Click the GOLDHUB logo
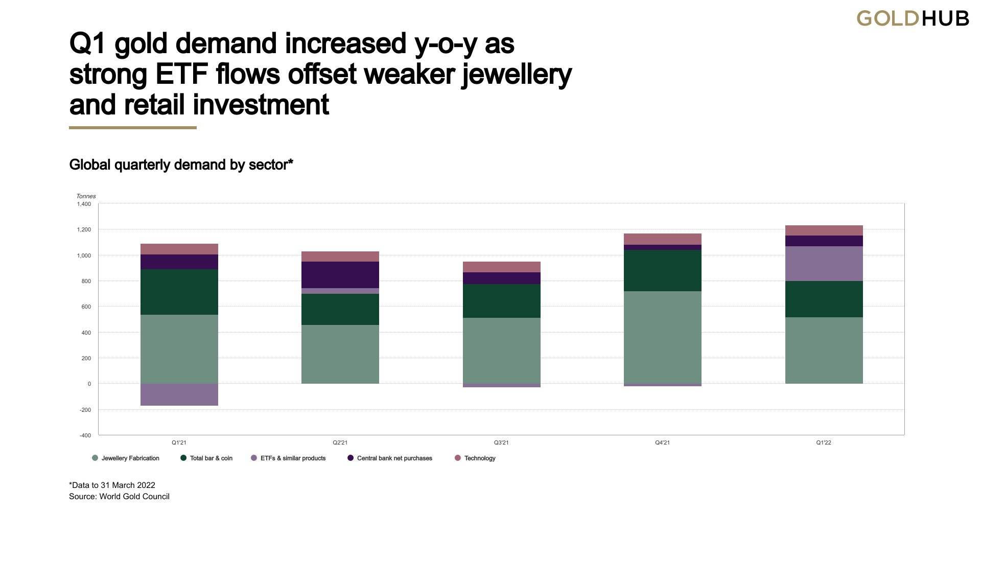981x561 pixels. click(913, 18)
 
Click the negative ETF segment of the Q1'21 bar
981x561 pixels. click(179, 394)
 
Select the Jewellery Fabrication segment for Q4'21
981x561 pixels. click(662, 337)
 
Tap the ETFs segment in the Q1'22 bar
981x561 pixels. click(824, 264)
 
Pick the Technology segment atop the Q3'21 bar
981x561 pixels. click(501, 267)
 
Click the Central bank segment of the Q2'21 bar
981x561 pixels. click(340, 275)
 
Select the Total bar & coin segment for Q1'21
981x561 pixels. click(179, 292)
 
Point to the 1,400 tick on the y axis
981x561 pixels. click(84, 204)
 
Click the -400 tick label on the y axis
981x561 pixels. click(85, 435)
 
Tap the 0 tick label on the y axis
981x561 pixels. click(89, 384)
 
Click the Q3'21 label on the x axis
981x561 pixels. click(501, 442)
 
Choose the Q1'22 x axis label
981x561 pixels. click(824, 442)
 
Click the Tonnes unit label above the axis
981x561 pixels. click(86, 196)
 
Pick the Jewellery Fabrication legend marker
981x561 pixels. click(95, 458)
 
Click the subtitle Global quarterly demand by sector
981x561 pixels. click(181, 165)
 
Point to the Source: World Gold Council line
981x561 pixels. click(119, 497)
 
